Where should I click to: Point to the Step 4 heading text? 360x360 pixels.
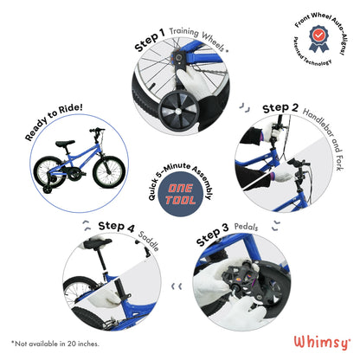[117, 227]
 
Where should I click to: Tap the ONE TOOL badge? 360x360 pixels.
[180, 196]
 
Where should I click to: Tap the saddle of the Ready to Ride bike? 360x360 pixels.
[62, 144]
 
